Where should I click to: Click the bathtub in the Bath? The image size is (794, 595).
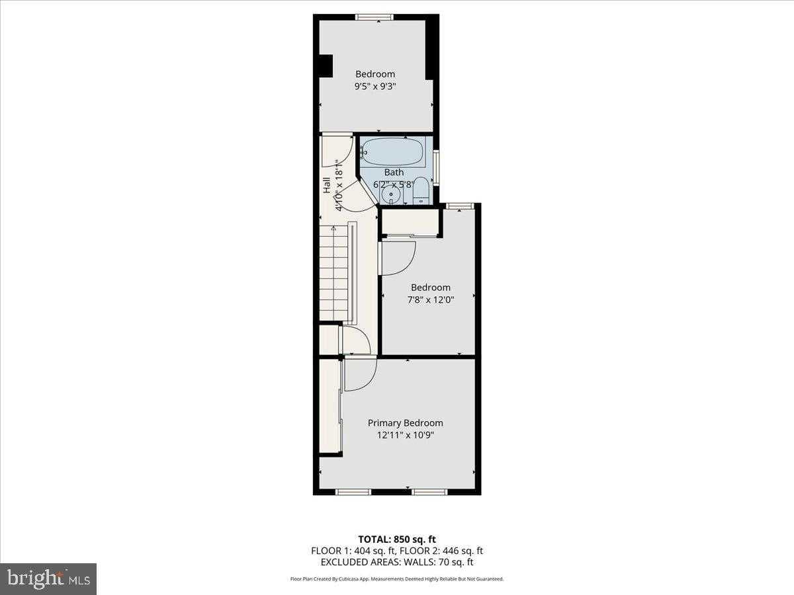[393, 152]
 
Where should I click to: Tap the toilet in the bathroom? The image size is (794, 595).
[421, 190]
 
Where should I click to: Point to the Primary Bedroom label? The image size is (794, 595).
[405, 423]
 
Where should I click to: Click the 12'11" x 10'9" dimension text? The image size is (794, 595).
[405, 435]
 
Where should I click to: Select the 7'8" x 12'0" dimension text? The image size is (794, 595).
[430, 299]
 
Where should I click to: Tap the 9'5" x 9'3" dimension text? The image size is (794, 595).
[375, 86]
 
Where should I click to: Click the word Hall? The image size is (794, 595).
[326, 186]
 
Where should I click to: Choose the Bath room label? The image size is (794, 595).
[394, 173]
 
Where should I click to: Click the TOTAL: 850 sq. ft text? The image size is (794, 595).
[397, 539]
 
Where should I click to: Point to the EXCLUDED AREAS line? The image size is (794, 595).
[397, 562]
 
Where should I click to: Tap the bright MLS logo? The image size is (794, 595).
[48, 579]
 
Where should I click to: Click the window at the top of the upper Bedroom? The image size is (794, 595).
[375, 17]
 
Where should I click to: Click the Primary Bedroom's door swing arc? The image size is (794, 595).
[360, 374]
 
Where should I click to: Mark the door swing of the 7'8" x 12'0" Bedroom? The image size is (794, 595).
[398, 258]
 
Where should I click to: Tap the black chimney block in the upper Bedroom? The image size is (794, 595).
[325, 66]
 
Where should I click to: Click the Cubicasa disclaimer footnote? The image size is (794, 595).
[397, 579]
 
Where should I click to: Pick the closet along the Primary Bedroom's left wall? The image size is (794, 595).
[330, 406]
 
